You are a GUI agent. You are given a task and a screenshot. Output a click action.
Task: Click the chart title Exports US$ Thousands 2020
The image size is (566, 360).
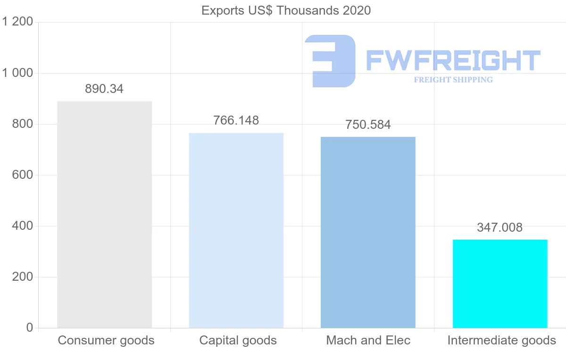pos(286,10)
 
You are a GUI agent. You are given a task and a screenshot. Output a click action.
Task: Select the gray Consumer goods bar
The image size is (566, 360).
pos(104,215)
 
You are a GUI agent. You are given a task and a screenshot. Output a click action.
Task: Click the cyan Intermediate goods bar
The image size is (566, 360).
pos(500,284)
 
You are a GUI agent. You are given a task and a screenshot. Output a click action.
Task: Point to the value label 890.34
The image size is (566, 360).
pos(104,89)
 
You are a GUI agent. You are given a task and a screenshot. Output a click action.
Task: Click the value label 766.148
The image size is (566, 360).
pos(236,120)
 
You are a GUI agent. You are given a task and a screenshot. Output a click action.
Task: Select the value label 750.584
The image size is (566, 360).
pos(368,125)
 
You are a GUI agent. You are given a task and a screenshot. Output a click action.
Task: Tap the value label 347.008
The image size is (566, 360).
pos(500,227)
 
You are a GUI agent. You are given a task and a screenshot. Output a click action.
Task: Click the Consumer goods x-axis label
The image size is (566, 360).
pos(106,340)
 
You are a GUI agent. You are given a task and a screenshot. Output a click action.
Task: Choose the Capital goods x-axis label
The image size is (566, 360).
pos(238,340)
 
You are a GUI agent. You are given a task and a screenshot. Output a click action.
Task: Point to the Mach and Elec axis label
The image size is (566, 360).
pos(368,340)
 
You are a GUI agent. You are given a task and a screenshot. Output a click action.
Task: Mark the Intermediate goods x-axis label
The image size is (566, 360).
pos(502,340)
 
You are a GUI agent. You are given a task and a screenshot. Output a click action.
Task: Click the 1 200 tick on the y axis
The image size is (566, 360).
pos(17,22)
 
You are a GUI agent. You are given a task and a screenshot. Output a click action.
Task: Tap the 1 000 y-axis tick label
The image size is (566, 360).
pos(17,73)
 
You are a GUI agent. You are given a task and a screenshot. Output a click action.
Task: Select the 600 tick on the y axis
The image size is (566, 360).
pos(22,175)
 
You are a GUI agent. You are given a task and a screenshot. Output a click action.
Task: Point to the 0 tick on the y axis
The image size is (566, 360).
pos(29,328)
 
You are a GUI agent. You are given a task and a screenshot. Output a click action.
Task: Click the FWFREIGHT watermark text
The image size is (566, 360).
pos(453,60)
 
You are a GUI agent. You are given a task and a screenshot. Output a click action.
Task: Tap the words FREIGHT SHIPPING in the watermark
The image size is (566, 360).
pos(453,80)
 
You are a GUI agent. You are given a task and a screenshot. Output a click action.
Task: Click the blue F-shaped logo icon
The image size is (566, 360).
pos(330,60)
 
